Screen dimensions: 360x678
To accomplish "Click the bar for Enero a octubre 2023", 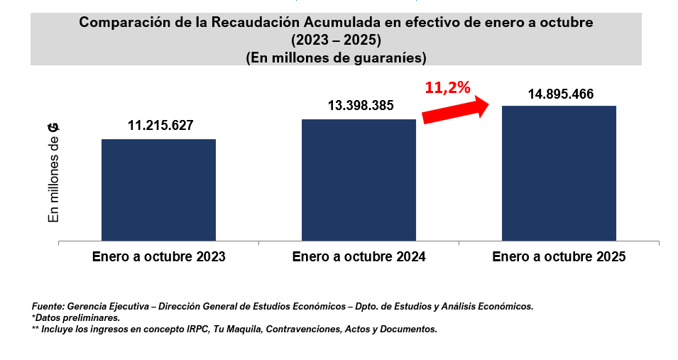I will [158, 190].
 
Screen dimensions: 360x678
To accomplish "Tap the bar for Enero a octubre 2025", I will [559, 173].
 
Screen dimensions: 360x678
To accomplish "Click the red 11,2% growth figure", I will [448, 88].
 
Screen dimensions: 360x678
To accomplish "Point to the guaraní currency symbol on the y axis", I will [53, 127].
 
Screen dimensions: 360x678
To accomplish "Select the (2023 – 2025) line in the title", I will [336, 40].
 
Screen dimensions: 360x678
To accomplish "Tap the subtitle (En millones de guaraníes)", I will [336, 57].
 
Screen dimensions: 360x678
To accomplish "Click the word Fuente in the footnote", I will [46, 306].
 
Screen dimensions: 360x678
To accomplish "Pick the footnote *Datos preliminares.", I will [76, 317].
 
